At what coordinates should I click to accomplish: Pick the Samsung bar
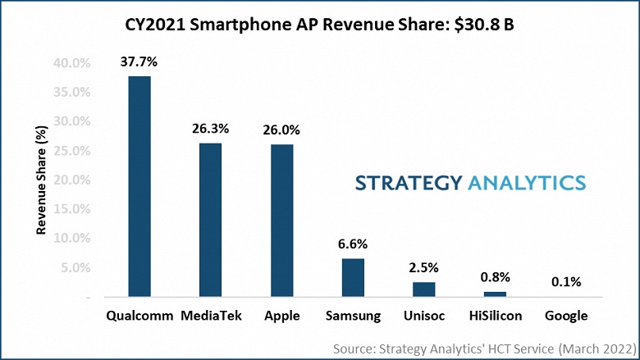point(354,276)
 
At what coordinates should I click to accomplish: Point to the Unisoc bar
point(424,288)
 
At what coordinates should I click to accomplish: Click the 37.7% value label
point(139,61)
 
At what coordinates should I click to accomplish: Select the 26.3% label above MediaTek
point(211,128)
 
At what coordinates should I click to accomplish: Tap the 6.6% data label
point(354,244)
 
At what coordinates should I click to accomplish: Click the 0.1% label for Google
point(566,281)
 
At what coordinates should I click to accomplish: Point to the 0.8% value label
point(496,276)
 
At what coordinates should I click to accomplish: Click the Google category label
point(566,316)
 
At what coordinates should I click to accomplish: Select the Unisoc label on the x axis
point(424,316)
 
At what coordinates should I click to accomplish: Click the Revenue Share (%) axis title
point(41,180)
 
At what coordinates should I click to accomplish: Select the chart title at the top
point(320,25)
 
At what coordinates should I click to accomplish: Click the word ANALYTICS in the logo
point(525,182)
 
